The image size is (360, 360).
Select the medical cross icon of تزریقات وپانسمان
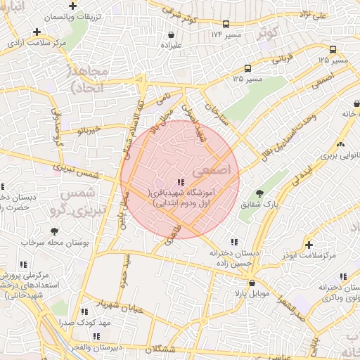[x=36, y=31]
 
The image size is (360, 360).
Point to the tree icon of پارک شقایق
[x=260, y=193]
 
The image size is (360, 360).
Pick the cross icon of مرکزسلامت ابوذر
[x=309, y=245]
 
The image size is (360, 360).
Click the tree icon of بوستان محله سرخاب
[x=54, y=231]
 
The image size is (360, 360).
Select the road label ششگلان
[x=162, y=349]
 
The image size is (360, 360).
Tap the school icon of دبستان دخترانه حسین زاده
[x=233, y=241]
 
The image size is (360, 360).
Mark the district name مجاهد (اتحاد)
[x=88, y=79]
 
